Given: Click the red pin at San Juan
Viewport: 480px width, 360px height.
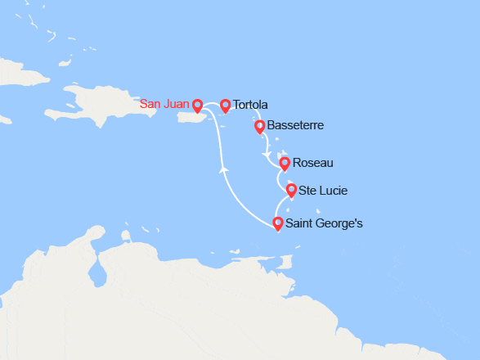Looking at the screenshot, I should click(x=197, y=106).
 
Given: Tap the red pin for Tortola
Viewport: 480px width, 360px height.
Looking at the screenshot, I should click(x=226, y=106).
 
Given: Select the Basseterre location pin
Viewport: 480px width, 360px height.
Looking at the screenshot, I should click(x=260, y=127).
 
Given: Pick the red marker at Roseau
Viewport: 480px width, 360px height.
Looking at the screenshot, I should click(x=285, y=164).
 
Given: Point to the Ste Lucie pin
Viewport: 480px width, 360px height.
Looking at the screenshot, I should click(x=291, y=191).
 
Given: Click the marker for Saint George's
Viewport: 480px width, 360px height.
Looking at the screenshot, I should click(x=278, y=223).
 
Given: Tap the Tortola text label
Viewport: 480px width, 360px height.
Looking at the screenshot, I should click(x=250, y=105).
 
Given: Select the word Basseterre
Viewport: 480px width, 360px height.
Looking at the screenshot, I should click(x=296, y=125).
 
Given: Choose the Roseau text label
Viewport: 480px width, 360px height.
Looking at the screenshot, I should click(x=312, y=163).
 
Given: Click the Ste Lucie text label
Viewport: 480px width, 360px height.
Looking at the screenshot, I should click(x=323, y=191).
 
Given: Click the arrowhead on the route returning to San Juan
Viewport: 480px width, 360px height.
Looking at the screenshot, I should click(x=224, y=169).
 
